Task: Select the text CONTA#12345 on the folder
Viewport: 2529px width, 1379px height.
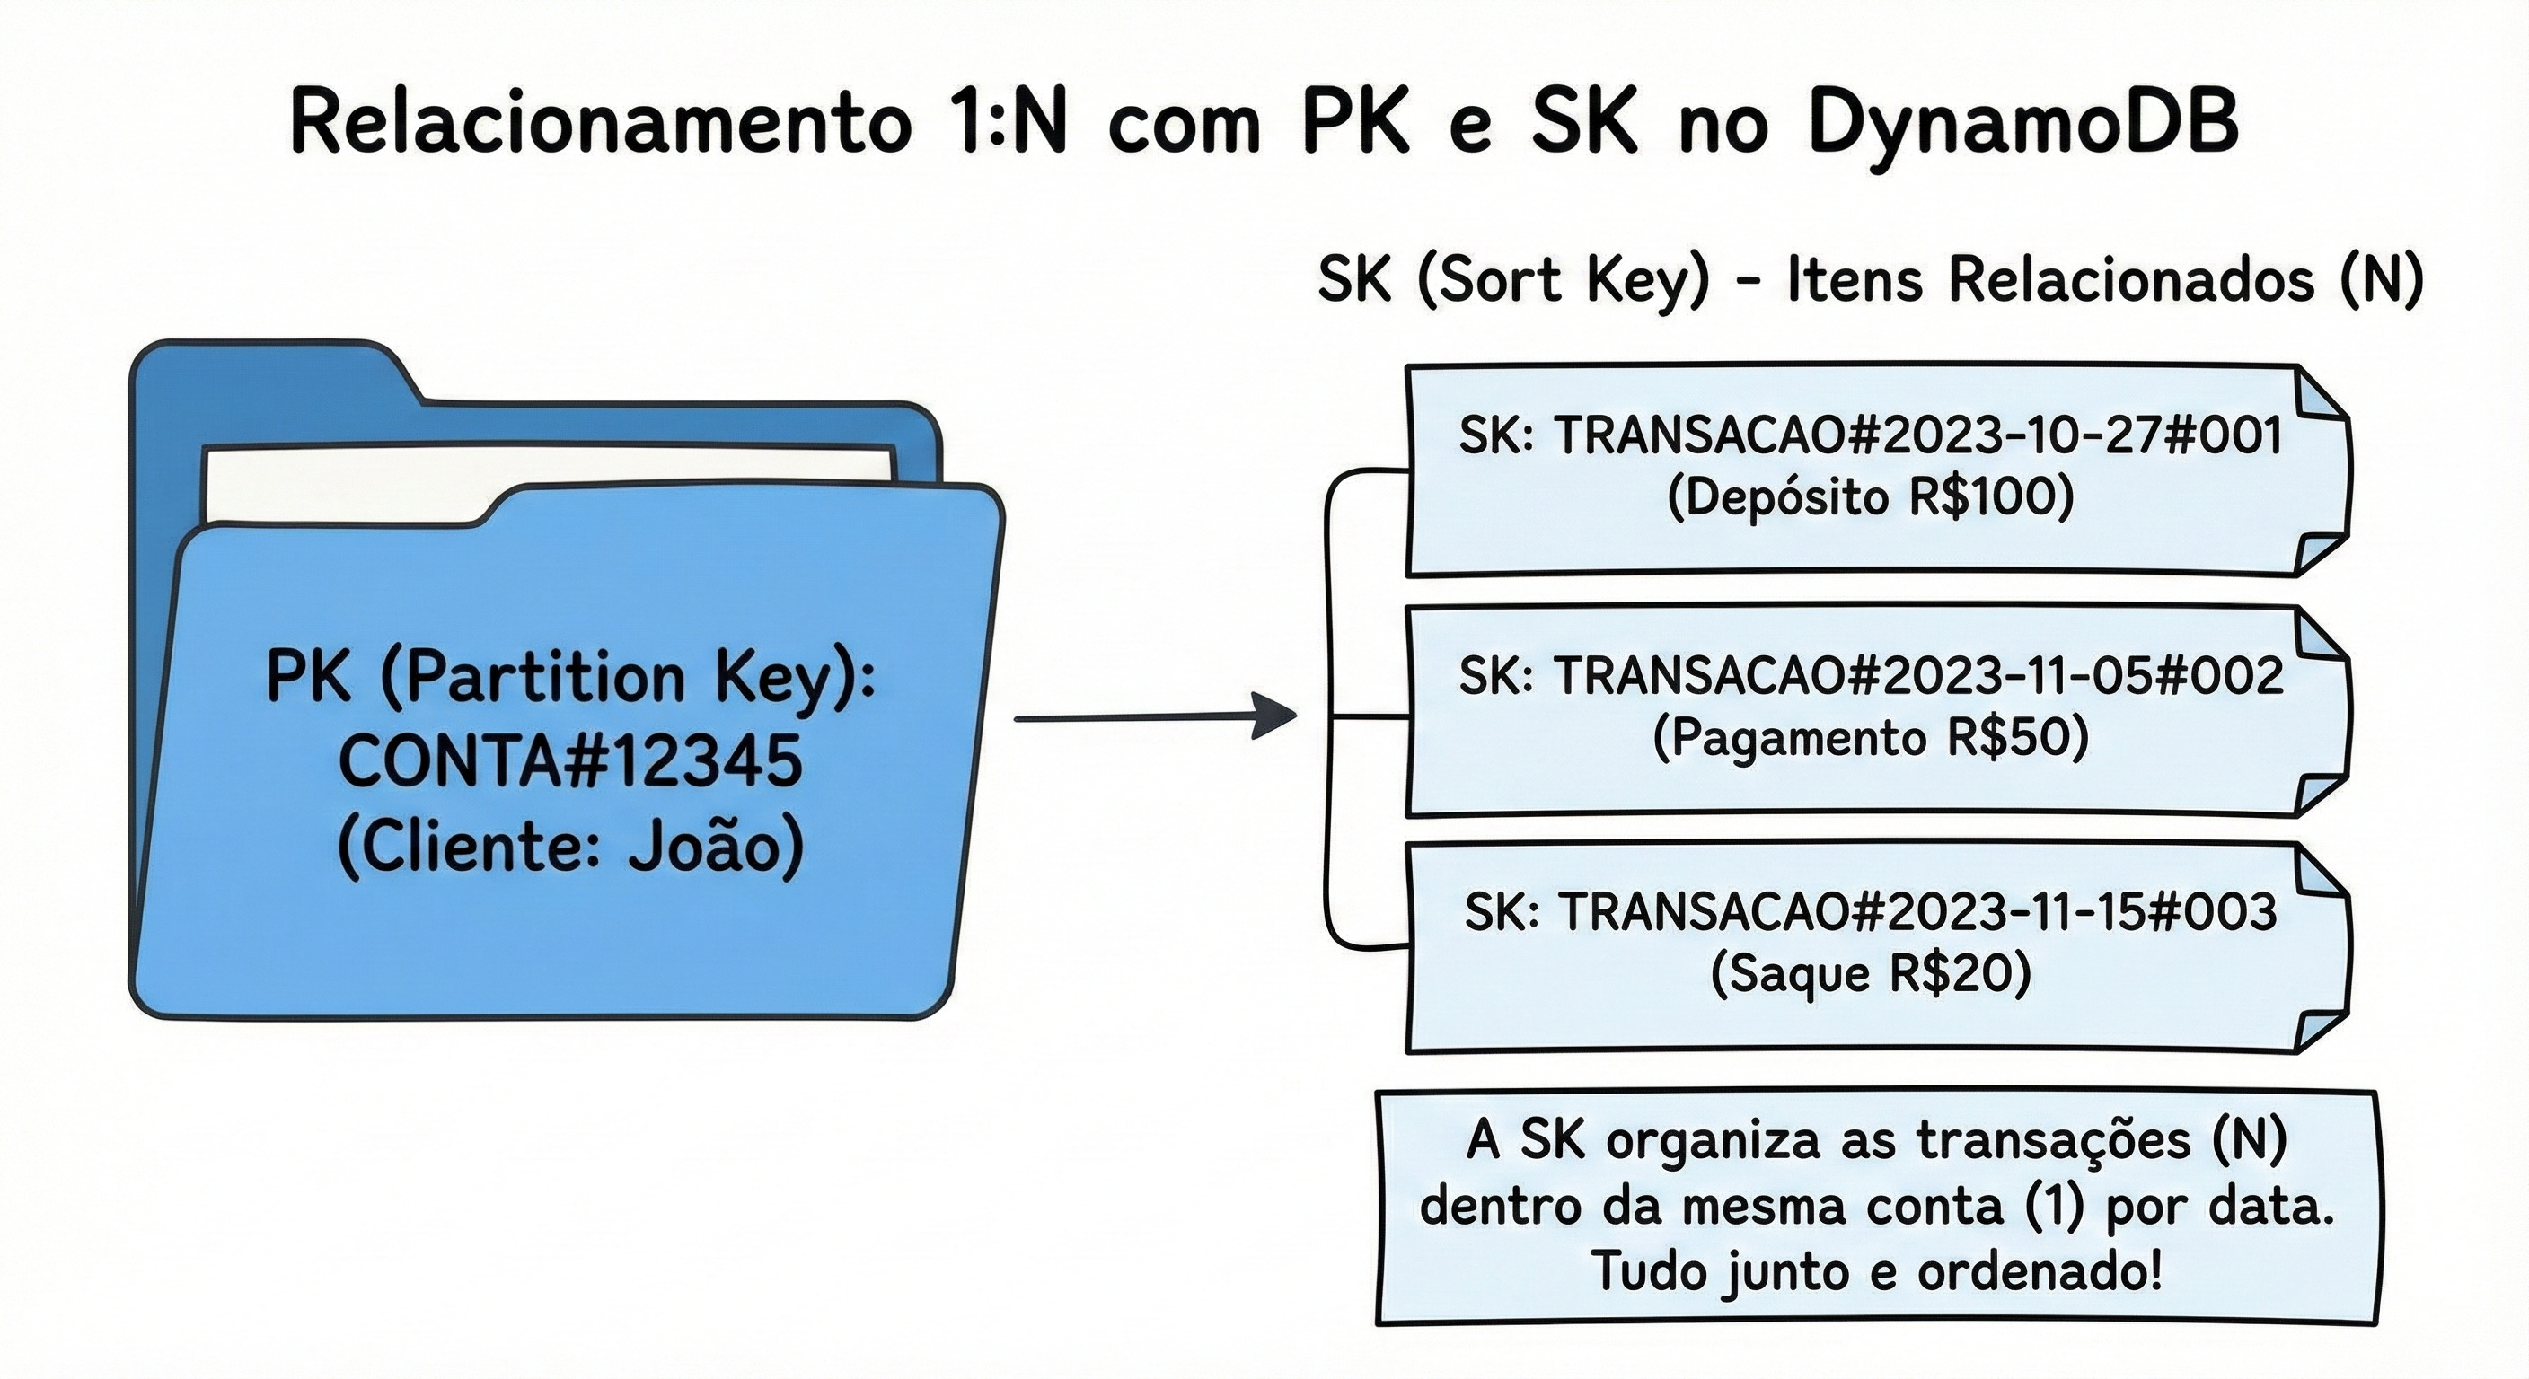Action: (570, 761)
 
